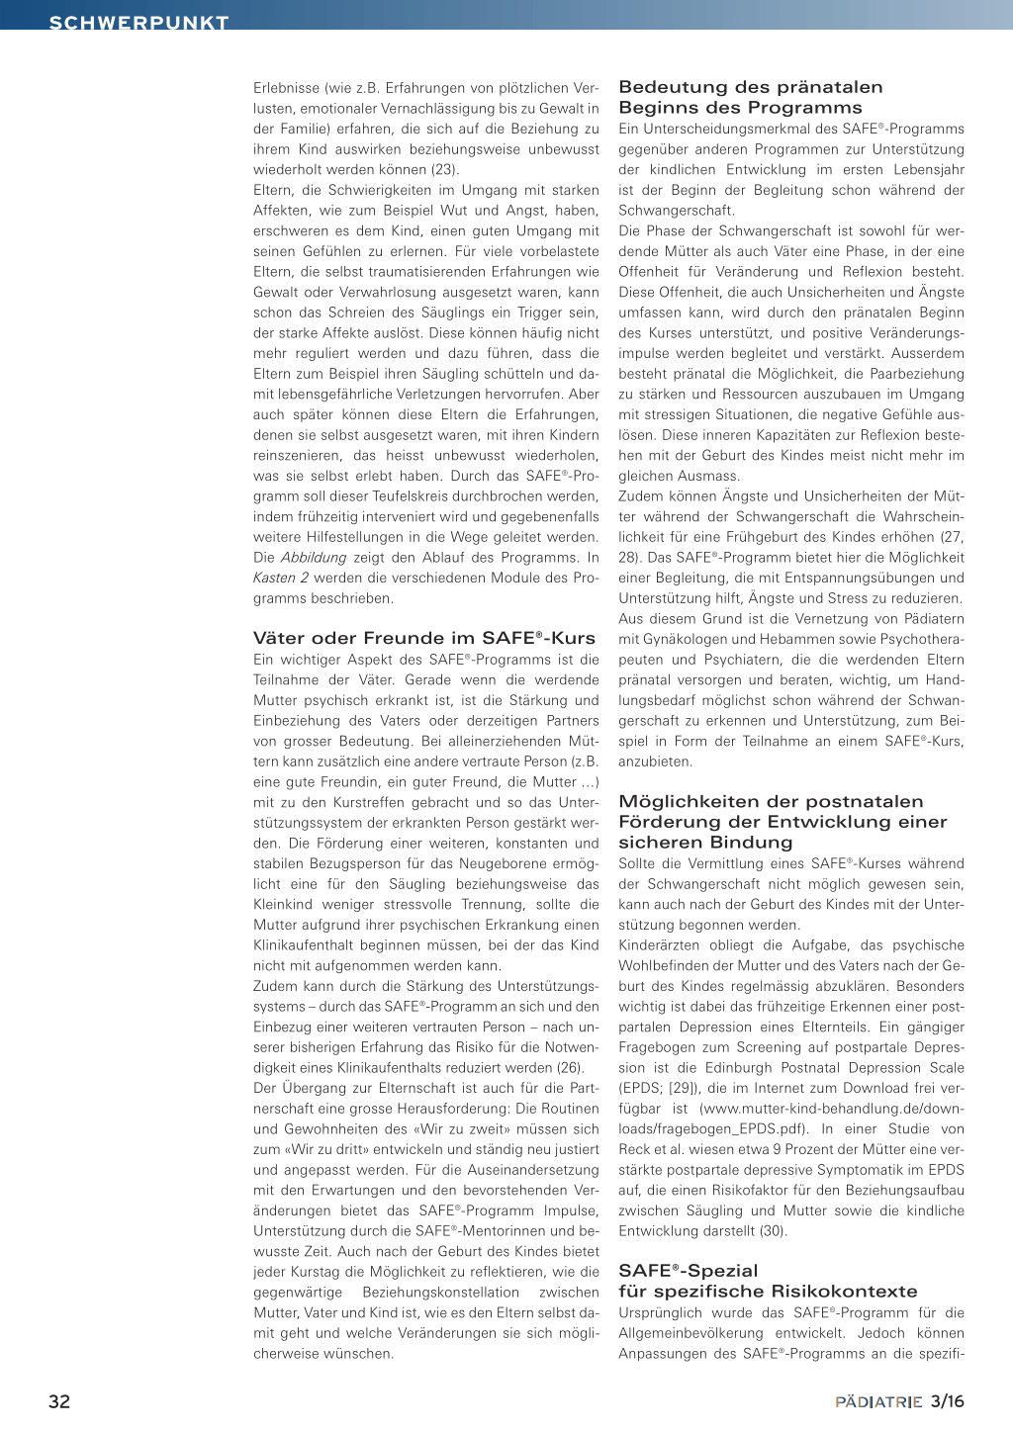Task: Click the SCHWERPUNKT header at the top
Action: click(x=138, y=22)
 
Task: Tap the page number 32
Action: click(x=59, y=1401)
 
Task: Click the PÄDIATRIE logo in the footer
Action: click(x=878, y=1402)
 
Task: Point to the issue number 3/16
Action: click(x=948, y=1401)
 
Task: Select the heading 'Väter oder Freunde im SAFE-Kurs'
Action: click(x=423, y=638)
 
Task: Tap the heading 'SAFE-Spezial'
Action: click(x=688, y=1271)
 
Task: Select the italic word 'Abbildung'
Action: click(x=314, y=558)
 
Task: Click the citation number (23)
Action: click(x=445, y=169)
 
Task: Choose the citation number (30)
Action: click(x=773, y=1231)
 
